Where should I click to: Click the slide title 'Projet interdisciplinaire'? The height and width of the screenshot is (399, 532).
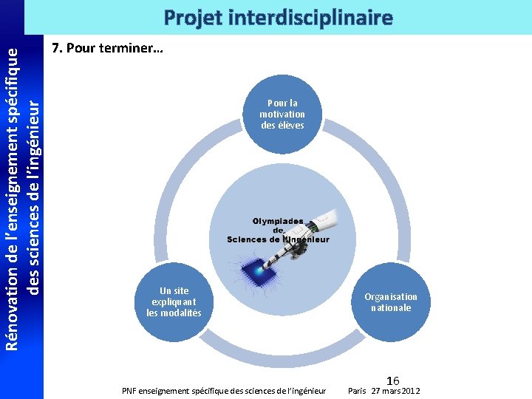click(x=278, y=17)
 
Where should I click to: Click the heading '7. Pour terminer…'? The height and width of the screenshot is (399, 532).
click(x=108, y=49)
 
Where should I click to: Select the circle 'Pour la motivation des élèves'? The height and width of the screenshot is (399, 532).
click(x=282, y=115)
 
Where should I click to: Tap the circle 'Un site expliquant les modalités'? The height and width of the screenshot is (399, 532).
click(x=174, y=301)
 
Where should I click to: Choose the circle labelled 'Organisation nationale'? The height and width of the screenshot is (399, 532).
click(x=390, y=301)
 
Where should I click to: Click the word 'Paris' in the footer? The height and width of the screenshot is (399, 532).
click(x=358, y=390)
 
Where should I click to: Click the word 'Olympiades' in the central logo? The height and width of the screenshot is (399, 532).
click(x=278, y=220)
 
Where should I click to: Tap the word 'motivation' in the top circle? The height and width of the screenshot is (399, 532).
click(x=282, y=115)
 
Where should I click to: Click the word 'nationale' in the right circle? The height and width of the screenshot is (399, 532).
click(x=391, y=307)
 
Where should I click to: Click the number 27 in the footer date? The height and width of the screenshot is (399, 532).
click(x=377, y=390)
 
